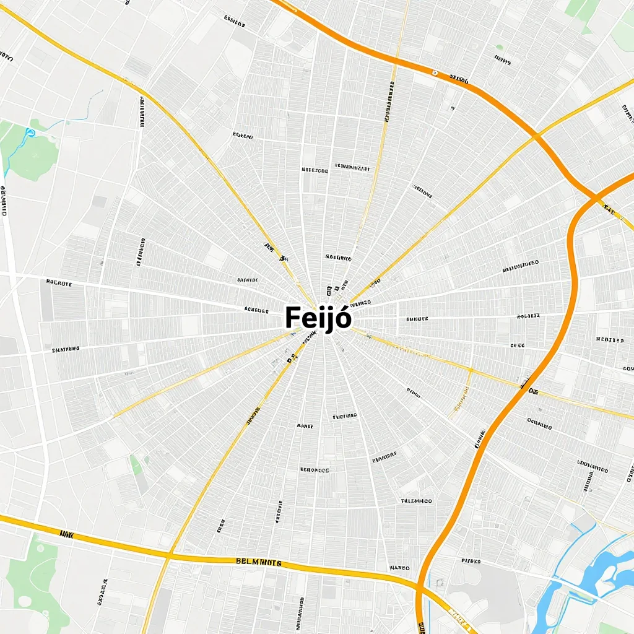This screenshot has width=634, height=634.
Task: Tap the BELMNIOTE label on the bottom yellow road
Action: [x=259, y=562]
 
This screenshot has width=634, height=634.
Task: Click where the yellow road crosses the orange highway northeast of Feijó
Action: [x=536, y=136]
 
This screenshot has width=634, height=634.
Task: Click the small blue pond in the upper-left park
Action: [x=28, y=132]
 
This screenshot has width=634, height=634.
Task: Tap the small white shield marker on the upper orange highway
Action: [x=435, y=73]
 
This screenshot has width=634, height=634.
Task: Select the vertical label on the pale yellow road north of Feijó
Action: [x=389, y=102]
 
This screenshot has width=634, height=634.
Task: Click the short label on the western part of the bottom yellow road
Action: [x=66, y=533]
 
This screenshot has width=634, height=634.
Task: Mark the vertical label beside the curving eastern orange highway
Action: [x=479, y=438]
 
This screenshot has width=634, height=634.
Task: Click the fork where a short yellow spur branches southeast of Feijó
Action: [x=471, y=371]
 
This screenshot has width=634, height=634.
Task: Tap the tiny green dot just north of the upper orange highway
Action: [x=499, y=47]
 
